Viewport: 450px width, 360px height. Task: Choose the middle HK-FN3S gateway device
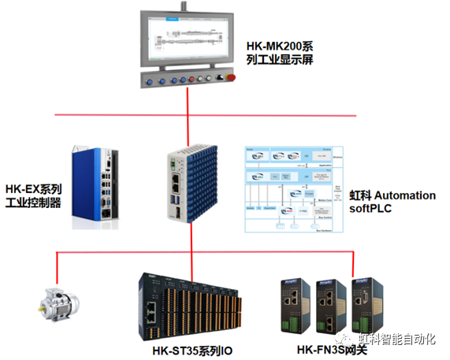(x=330, y=305)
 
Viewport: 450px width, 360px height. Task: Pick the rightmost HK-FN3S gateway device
(x=366, y=305)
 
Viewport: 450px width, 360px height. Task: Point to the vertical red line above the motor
(x=58, y=271)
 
